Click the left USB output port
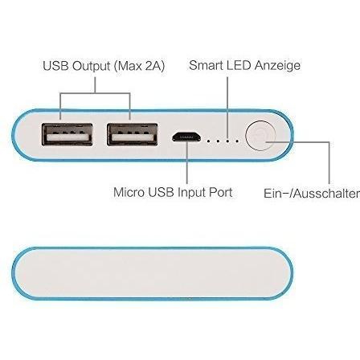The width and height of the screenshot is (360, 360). click(67, 134)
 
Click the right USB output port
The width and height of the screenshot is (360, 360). click(132, 134)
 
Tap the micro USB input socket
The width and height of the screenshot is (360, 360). click(186, 137)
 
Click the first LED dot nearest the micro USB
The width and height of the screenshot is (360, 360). click(209, 140)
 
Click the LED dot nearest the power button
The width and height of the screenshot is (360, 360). click(237, 140)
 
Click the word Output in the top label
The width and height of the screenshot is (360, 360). click(92, 66)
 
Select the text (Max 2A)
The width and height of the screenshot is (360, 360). click(139, 66)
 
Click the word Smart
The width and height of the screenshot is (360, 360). click(207, 65)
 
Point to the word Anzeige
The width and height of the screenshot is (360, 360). click(278, 66)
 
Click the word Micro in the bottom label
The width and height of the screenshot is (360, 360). click(129, 192)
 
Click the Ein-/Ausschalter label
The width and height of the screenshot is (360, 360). click(312, 194)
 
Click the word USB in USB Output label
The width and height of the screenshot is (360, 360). click(55, 66)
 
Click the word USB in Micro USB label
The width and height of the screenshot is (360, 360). click(161, 192)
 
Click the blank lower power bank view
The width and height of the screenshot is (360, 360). click(153, 273)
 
